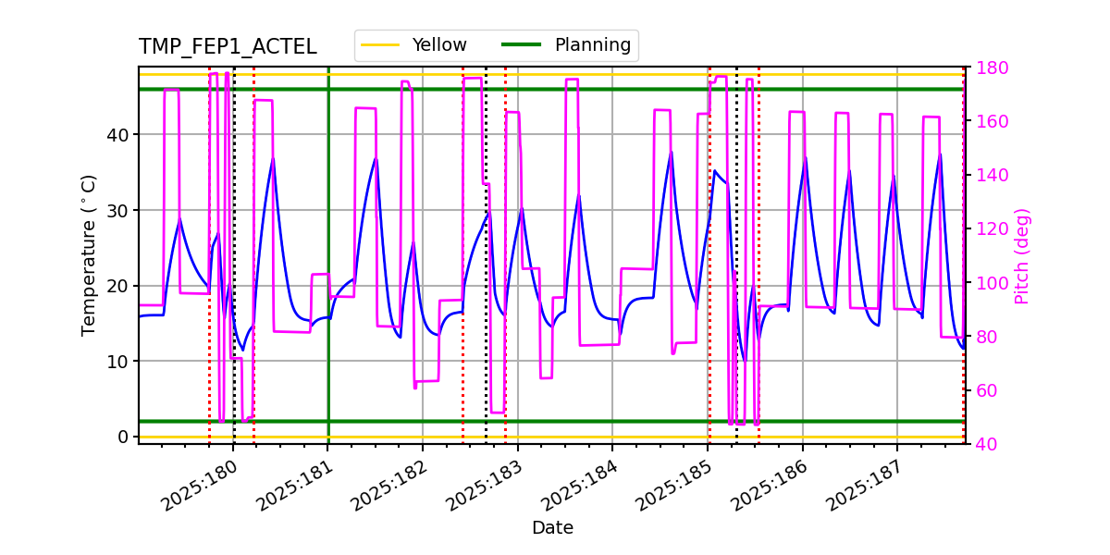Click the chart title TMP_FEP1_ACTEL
228,47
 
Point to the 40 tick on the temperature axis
121,135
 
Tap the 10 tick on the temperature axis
121,362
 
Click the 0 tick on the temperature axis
126,437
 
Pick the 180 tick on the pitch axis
988,68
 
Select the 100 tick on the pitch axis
988,283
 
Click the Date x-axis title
552,528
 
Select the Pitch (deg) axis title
1022,255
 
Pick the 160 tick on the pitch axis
988,122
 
